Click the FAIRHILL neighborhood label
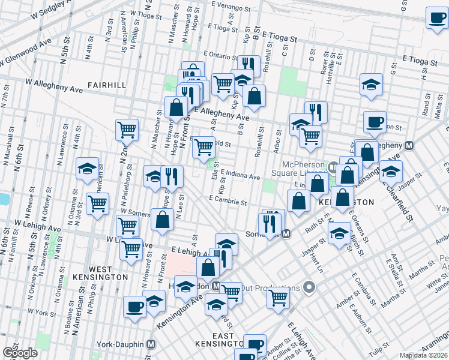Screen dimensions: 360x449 tap(106, 85)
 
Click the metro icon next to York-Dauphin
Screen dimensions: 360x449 tap(151, 344)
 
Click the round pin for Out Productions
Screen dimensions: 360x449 tap(310, 288)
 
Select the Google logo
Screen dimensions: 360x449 tap(19, 353)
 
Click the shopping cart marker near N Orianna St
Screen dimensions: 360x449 tap(97, 203)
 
